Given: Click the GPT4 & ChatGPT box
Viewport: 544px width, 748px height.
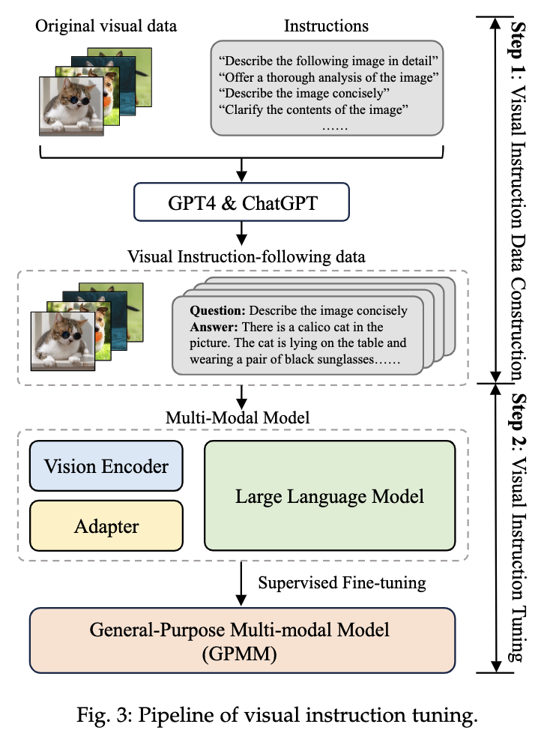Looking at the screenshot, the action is (241, 202).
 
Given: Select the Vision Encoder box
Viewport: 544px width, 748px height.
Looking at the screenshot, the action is (106, 466).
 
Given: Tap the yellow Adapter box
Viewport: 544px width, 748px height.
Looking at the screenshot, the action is (106, 525).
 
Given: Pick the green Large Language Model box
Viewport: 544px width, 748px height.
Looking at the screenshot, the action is (330, 495).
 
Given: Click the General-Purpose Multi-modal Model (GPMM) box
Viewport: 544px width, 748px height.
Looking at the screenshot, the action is (242, 640).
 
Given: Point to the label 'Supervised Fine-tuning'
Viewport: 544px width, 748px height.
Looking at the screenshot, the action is (342, 582).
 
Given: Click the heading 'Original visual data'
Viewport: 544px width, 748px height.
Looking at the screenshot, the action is (106, 25).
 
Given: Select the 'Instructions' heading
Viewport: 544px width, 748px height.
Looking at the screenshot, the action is (326, 25).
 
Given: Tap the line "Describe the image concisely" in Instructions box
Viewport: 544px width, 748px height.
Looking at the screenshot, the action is (304, 93).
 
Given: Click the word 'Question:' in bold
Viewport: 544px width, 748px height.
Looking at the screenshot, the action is (217, 310).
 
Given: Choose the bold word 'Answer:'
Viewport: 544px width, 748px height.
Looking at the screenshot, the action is (214, 327).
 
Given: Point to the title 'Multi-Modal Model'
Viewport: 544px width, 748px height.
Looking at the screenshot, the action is (238, 417).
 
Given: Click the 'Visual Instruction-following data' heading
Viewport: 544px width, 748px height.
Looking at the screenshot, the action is (246, 256).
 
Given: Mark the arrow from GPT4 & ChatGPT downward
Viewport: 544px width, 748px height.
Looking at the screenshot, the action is (242, 233).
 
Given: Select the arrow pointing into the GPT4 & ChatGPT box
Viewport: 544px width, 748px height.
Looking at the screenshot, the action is (242, 171).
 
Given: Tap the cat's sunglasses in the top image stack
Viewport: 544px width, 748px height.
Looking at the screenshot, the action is (75, 101).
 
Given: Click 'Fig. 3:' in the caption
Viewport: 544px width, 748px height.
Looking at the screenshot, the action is (104, 715).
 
